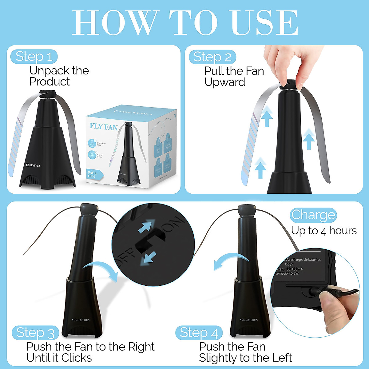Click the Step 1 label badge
point(34,57)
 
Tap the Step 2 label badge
point(212,57)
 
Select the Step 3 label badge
point(35,333)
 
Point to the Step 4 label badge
point(199,333)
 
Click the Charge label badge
point(313,215)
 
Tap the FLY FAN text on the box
point(104,126)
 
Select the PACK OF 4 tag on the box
point(93,174)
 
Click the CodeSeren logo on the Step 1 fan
point(33,165)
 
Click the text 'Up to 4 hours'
point(324,231)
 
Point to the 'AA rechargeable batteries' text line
point(303,260)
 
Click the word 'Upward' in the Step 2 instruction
point(224,82)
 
